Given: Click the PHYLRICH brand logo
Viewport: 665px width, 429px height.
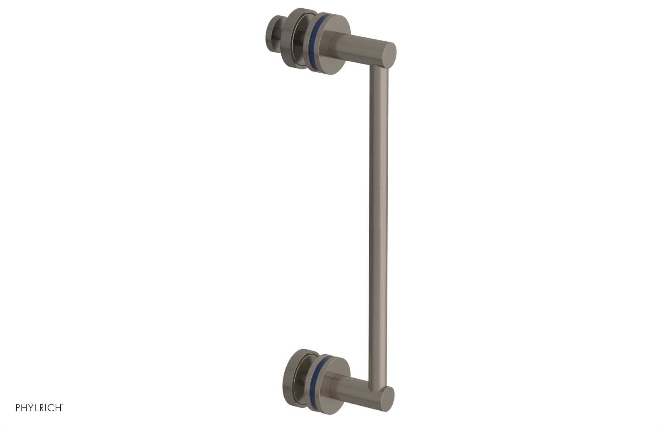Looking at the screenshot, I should [39, 408].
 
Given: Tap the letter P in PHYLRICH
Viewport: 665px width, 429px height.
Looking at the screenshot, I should [18, 408].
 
